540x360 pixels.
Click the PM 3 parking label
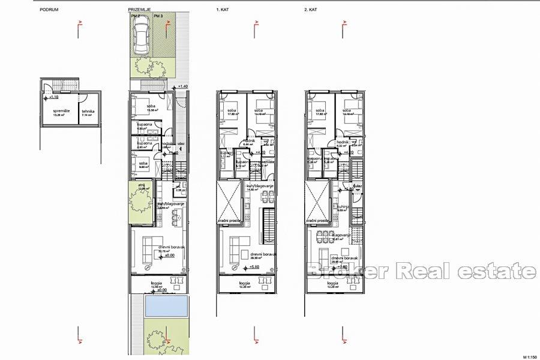[157, 17]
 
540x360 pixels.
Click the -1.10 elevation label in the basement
[53, 97]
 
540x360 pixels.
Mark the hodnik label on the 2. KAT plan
[335, 142]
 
